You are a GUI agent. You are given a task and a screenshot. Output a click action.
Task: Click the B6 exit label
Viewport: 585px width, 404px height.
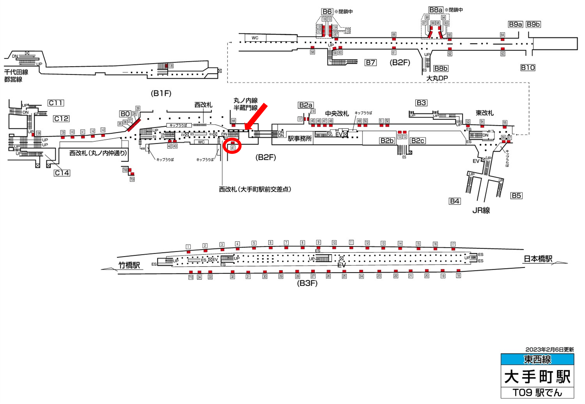327,12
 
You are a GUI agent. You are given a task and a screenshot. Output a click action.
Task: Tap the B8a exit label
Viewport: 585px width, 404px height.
436,10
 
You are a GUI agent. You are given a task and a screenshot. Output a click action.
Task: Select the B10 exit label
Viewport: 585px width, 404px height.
528,68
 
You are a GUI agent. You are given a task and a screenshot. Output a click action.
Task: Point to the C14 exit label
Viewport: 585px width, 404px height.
62,173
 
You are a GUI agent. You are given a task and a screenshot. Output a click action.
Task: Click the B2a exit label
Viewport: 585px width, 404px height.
306,105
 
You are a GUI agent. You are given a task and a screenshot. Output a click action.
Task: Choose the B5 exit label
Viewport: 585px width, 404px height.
516,195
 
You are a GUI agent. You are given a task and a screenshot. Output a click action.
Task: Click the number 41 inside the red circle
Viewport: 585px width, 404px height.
233,147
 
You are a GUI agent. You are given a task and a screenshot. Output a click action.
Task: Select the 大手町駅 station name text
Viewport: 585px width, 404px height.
537,377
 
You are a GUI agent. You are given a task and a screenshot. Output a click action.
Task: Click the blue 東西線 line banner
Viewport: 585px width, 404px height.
537,359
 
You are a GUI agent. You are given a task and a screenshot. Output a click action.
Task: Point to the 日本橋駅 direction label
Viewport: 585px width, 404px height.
538,259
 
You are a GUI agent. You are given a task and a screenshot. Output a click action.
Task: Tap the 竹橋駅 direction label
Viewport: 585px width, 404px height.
129,265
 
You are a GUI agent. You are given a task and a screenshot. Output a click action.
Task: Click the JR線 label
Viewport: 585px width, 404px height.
481,210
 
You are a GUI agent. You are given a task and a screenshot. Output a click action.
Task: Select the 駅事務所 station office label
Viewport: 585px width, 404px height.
300,138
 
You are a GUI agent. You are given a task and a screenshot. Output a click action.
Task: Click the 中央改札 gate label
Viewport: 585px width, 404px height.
337,114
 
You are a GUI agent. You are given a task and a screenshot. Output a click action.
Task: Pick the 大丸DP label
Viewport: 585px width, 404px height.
437,78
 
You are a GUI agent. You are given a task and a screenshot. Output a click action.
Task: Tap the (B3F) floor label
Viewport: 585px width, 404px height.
307,283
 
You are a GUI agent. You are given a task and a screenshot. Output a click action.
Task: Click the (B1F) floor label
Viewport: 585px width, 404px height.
161,93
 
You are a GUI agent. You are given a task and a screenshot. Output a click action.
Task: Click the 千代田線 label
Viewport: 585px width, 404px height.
16,72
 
